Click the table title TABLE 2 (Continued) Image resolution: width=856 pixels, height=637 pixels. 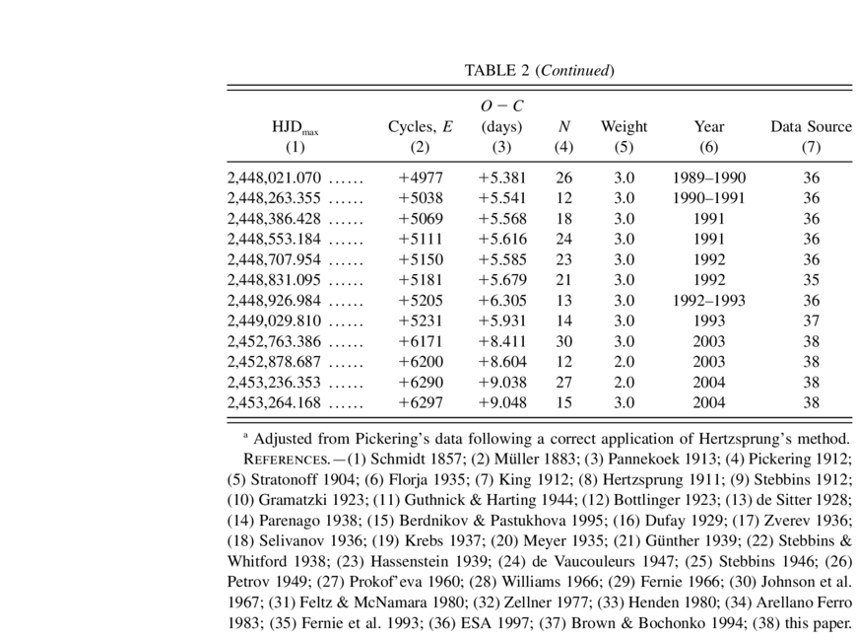[539, 70]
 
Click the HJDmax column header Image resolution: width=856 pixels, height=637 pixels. [296, 127]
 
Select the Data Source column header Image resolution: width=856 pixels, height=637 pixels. [811, 126]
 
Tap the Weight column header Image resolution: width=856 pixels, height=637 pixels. [624, 126]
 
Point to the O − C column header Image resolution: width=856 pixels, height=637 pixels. [502, 106]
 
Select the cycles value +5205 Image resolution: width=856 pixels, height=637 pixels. [419, 300]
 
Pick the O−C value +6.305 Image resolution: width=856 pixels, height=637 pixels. [502, 300]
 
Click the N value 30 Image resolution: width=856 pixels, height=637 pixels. [563, 340]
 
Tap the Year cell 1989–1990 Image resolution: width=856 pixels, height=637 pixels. [709, 178]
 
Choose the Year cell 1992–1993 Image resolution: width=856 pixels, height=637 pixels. [709, 300]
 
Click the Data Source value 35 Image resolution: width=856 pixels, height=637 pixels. [811, 279]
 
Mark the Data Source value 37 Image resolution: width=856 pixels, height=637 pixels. [811, 319]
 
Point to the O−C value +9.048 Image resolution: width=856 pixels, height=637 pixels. [502, 401]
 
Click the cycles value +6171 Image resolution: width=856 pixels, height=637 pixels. [419, 340]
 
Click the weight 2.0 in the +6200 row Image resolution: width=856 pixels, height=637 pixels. [624, 361]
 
